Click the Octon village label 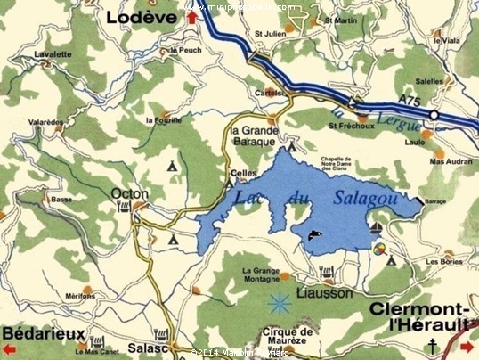(x=130, y=192)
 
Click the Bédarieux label (x=44, y=332)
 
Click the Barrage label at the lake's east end (x=435, y=201)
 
